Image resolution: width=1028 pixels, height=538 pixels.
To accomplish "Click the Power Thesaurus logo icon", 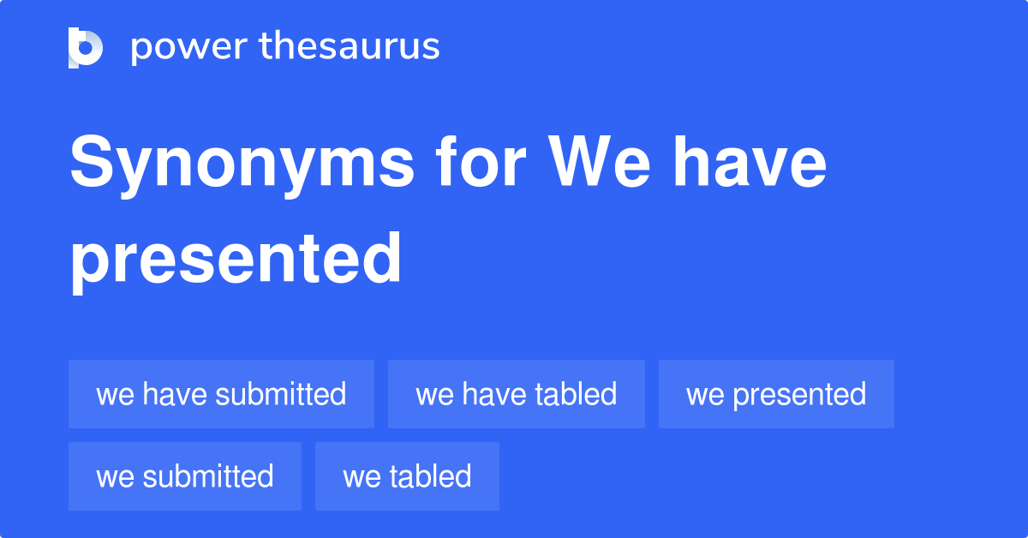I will coord(86,47).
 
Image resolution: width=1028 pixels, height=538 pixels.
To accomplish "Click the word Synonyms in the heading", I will coord(242,164).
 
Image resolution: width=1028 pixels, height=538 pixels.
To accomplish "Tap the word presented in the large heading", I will coord(236,258).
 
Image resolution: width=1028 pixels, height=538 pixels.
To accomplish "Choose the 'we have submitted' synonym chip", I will coord(221,394).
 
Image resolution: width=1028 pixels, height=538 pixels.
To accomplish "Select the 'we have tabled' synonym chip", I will coord(516,394).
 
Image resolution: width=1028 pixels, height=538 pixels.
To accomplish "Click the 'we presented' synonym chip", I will coord(776,394).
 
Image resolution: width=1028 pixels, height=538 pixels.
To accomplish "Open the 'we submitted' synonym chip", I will coord(185,476).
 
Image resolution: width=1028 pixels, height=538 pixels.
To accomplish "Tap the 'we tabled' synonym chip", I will coord(407,476).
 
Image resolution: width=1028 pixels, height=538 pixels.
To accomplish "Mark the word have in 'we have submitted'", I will coord(175,394).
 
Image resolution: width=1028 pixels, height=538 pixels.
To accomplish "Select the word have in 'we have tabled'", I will coord(494,394).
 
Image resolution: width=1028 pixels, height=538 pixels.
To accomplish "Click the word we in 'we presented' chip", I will coord(704,394).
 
